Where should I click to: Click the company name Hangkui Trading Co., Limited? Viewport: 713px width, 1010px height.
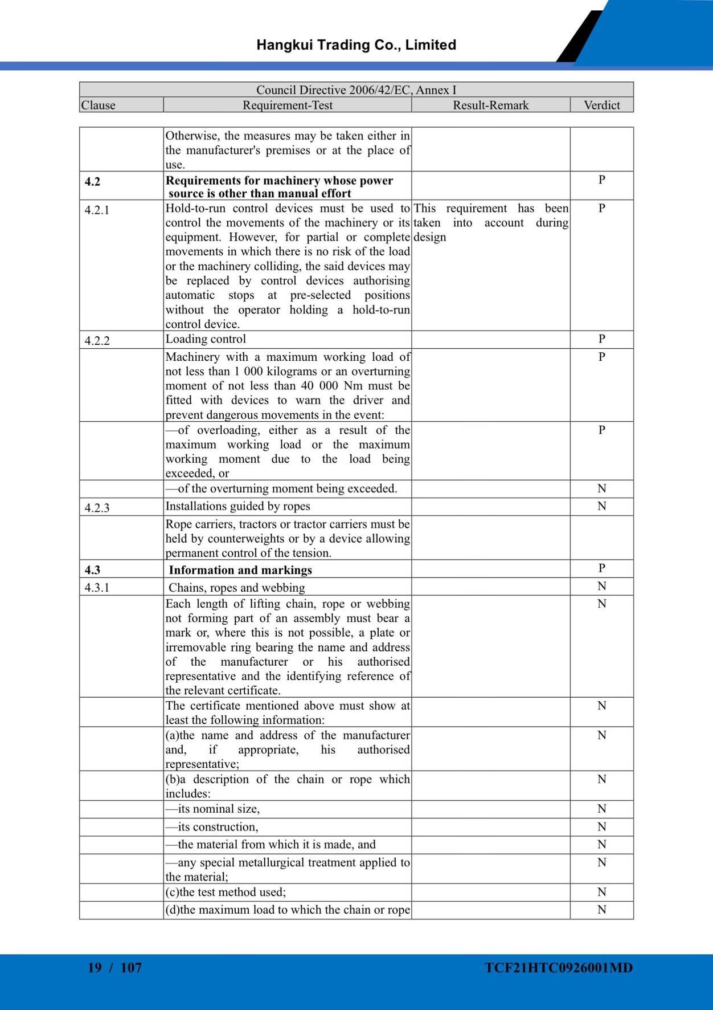coord(356,45)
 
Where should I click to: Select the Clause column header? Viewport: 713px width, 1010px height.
coord(98,105)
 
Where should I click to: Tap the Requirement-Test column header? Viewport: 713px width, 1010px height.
coord(287,105)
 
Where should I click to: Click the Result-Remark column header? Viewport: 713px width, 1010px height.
coord(490,105)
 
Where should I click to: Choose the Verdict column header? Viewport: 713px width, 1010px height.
coord(601,105)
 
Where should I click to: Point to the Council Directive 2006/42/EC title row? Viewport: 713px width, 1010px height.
coord(356,90)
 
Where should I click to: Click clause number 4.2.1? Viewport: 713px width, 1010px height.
coord(97,210)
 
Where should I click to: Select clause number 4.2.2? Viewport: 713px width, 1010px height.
coord(97,341)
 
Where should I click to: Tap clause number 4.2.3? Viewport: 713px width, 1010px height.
coord(97,508)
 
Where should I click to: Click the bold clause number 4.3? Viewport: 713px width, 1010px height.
coord(92,570)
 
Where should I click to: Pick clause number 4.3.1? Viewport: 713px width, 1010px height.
coord(97,588)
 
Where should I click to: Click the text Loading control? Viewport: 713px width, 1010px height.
coord(206,339)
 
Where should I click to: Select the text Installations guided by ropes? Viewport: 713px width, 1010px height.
coord(237,506)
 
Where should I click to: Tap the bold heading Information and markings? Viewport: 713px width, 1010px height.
coord(240,570)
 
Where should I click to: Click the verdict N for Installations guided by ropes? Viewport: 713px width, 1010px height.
coord(601,506)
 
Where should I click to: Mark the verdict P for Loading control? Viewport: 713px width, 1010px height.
coord(601,339)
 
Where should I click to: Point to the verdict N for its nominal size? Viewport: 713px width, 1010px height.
coord(601,809)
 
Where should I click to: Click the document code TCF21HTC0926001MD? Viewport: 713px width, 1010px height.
coord(559,968)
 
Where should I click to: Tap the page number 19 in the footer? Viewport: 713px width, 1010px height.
coord(95,968)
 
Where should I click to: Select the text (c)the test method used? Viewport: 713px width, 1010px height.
coord(226,892)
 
